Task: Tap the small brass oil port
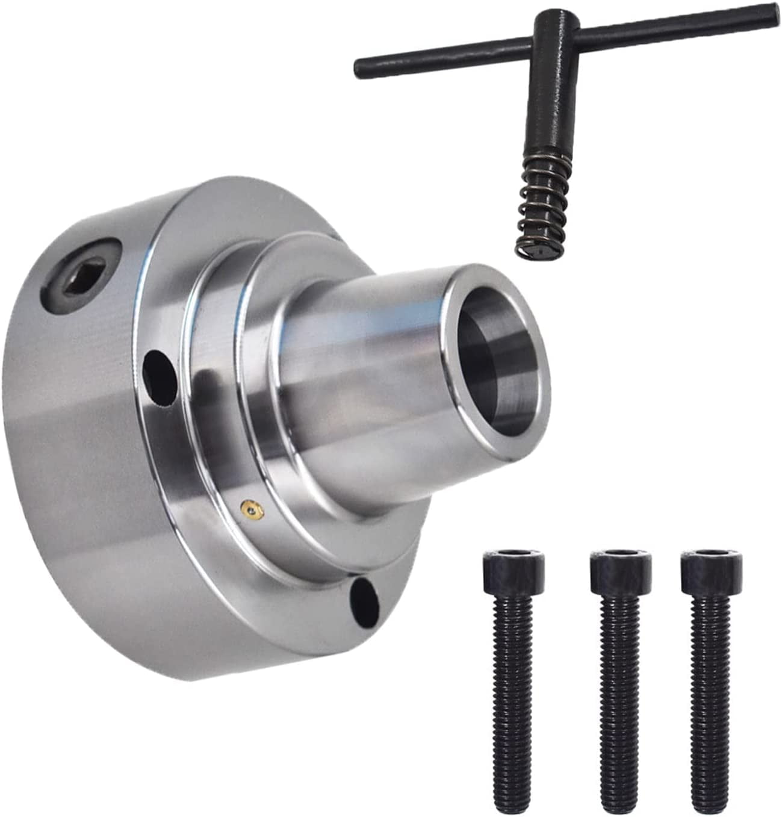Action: point(250,510)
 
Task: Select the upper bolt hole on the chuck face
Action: point(159,368)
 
